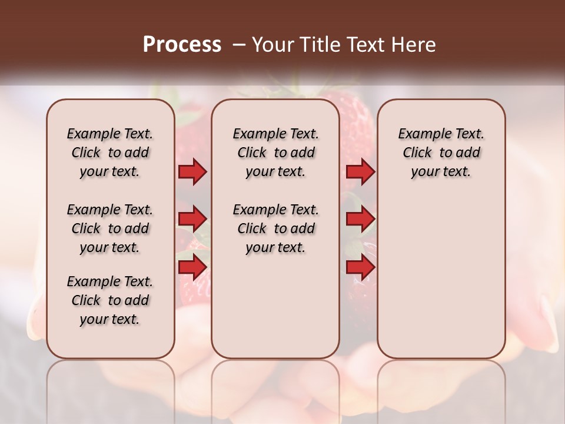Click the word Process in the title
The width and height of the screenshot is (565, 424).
(x=182, y=45)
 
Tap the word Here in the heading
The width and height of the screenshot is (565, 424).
(x=411, y=45)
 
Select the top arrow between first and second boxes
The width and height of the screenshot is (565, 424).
(x=192, y=171)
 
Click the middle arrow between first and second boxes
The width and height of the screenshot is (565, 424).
(x=192, y=219)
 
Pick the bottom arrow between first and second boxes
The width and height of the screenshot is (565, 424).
(x=192, y=267)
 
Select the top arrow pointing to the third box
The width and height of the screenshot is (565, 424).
(x=360, y=171)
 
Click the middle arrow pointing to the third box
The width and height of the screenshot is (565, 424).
(x=360, y=219)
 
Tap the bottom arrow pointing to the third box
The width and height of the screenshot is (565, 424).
(x=360, y=267)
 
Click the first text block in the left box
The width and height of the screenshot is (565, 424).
(x=110, y=153)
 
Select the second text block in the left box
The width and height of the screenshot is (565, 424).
(x=110, y=228)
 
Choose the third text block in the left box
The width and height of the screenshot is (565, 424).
(x=110, y=300)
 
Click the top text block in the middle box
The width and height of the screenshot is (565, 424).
(x=275, y=153)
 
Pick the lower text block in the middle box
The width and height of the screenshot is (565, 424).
(x=275, y=228)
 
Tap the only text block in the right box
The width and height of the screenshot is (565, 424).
(x=441, y=153)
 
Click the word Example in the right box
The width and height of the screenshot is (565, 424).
(x=420, y=134)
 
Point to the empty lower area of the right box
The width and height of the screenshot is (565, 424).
(x=441, y=277)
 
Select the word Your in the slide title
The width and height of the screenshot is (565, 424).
(x=270, y=45)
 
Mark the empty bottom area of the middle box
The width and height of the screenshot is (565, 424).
(x=275, y=306)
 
